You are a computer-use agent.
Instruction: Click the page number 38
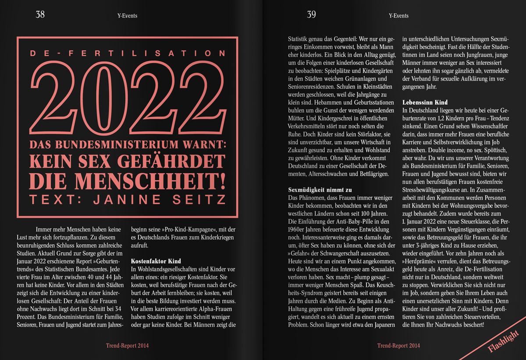coord(40,14)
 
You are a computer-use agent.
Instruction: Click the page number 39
coord(311,14)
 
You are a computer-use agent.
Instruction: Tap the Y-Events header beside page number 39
coord(398,16)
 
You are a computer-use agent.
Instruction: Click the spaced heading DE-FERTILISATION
coord(128,53)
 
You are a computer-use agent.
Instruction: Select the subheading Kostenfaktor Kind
coord(156,261)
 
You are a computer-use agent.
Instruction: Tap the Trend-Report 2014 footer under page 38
coord(127,346)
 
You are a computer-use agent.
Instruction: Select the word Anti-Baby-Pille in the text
coord(361,221)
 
